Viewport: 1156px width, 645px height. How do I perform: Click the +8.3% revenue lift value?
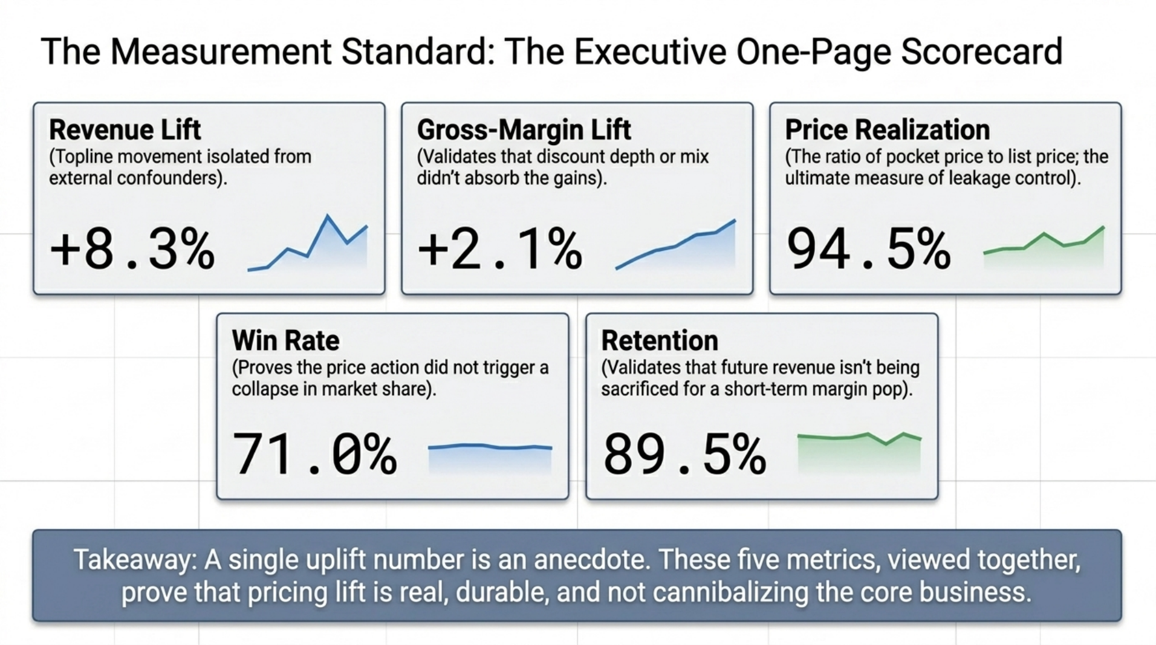pyautogui.click(x=132, y=250)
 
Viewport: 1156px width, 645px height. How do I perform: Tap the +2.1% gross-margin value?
pyautogui.click(x=500, y=250)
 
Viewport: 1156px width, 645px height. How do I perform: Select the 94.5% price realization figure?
pyautogui.click(x=868, y=250)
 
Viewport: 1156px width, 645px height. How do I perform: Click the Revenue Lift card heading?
pyautogui.click(x=125, y=130)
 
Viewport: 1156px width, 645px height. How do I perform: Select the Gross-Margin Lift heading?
pyautogui.click(x=524, y=130)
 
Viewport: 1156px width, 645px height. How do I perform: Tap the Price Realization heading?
pyautogui.click(x=887, y=130)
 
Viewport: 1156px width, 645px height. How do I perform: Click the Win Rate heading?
pyautogui.click(x=285, y=341)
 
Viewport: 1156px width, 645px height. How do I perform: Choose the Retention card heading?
pyautogui.click(x=659, y=341)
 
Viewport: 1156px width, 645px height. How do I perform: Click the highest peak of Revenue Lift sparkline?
pyautogui.click(x=328, y=216)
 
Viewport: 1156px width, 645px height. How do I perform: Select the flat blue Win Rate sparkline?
pyautogui.click(x=490, y=448)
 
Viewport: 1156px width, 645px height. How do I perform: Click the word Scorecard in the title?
pyautogui.click(x=981, y=52)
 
